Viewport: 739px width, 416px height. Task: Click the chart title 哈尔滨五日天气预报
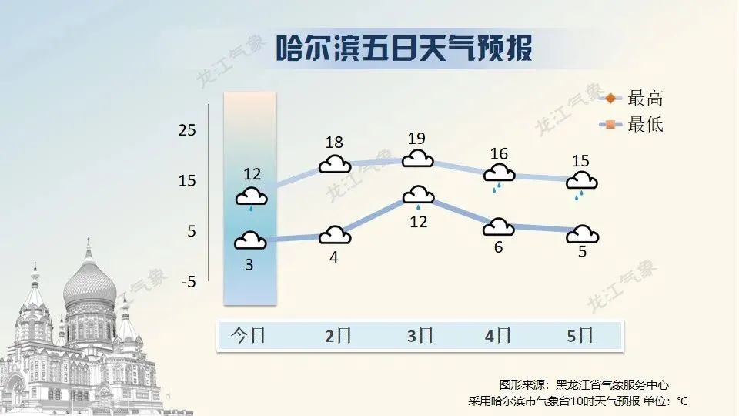pyautogui.click(x=404, y=48)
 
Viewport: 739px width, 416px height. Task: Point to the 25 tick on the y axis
pyautogui.click(x=187, y=129)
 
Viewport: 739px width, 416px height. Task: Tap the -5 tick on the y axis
pyautogui.click(x=189, y=282)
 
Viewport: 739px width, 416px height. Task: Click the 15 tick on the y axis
pyautogui.click(x=187, y=180)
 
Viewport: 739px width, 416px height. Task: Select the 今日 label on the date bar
pyautogui.click(x=249, y=336)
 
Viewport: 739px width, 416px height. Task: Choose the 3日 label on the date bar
pyautogui.click(x=420, y=336)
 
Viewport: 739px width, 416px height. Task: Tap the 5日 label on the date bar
pyautogui.click(x=580, y=336)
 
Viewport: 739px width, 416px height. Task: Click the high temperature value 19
pyautogui.click(x=416, y=138)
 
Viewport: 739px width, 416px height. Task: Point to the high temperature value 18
pyautogui.click(x=334, y=142)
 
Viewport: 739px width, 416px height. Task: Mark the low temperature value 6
pyautogui.click(x=499, y=247)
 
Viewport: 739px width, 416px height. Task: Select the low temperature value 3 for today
pyautogui.click(x=249, y=264)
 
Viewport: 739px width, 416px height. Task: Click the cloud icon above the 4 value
pyautogui.click(x=335, y=235)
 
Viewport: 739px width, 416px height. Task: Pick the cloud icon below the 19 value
pyautogui.click(x=417, y=159)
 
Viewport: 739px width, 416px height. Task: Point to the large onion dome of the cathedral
pyautogui.click(x=89, y=283)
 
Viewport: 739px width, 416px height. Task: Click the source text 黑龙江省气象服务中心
pyautogui.click(x=612, y=385)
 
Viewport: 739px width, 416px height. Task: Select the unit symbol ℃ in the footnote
pyautogui.click(x=683, y=401)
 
